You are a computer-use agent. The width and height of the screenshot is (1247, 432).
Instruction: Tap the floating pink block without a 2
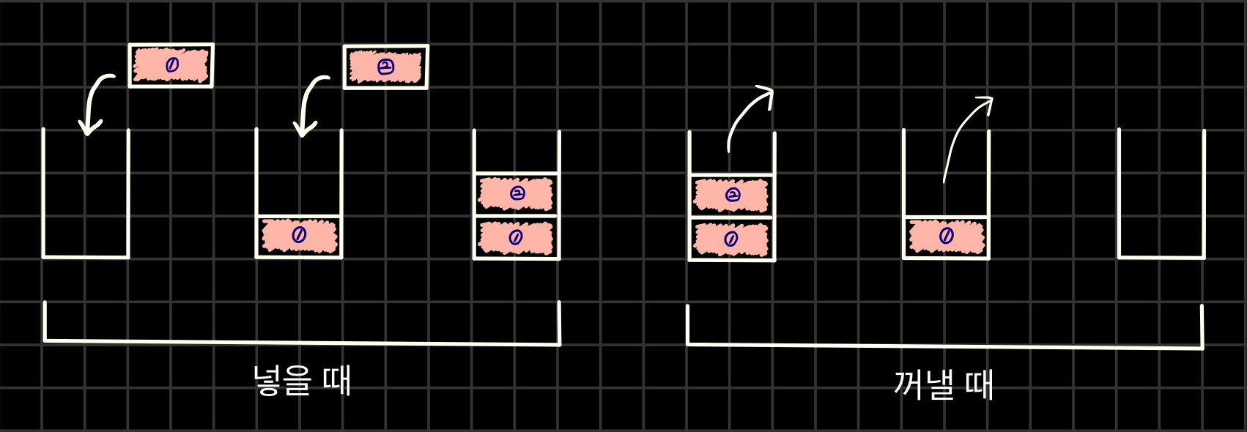point(171,66)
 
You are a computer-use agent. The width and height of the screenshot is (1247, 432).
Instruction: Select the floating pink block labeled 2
point(385,67)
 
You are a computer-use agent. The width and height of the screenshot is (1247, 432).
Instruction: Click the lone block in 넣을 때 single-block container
point(299,236)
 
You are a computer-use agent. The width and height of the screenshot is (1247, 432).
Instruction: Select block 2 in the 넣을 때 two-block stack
point(516,193)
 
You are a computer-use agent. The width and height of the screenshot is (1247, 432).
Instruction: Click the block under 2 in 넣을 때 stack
point(516,238)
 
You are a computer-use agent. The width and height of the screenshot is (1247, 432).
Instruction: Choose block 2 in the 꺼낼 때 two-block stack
point(731,195)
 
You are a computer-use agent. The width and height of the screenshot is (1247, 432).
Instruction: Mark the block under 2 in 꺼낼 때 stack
point(731,239)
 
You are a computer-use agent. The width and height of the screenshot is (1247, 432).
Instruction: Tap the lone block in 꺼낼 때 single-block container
point(946,237)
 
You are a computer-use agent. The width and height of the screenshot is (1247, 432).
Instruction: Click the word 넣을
point(282,381)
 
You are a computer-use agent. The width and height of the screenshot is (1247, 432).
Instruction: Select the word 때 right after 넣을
point(337,381)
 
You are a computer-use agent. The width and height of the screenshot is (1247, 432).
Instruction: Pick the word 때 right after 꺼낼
point(979,384)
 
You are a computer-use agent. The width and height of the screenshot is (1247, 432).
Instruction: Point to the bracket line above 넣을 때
point(302,341)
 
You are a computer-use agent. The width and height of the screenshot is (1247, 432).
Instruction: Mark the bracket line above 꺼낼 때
point(945,346)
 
